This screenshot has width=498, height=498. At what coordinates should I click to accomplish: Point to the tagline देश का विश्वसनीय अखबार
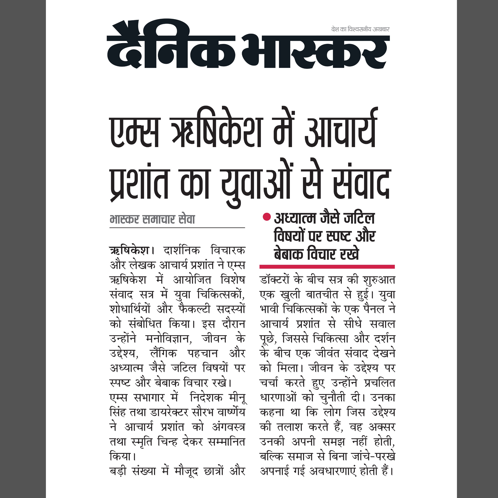pos(360,29)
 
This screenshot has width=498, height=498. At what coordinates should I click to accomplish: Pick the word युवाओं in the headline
pos(258,184)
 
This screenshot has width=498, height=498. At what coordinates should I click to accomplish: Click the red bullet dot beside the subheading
pos(267,217)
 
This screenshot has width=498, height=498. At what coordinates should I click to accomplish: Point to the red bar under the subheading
pos(327,267)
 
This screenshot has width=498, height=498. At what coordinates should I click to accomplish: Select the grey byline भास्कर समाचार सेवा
pos(152,220)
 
